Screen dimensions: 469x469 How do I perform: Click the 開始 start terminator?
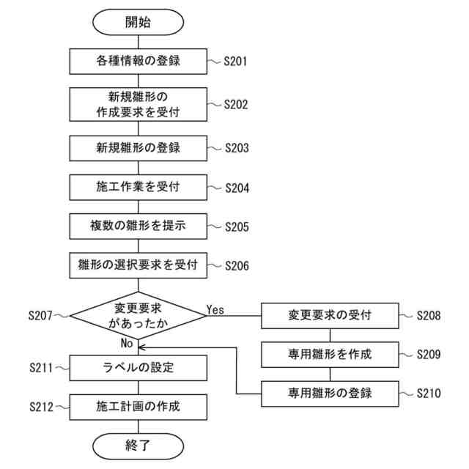coord(138,22)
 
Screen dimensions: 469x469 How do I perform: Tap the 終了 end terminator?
coord(138,444)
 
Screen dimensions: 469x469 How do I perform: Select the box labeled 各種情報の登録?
coord(138,62)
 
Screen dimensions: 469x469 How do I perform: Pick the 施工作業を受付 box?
coord(138,187)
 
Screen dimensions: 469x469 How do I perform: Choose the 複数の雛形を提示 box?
coord(138,226)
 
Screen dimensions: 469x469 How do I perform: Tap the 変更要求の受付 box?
coord(330,316)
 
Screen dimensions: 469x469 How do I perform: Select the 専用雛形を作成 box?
coord(330,355)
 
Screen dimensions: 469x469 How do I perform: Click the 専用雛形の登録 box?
coord(330,394)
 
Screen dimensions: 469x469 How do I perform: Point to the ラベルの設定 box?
coord(138,367)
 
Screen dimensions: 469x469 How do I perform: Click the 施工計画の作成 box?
coord(138,405)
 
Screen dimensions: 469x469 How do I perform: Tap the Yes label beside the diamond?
coord(215,309)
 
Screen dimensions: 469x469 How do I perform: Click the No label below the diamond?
coord(126,343)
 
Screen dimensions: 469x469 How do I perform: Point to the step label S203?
coord(237,148)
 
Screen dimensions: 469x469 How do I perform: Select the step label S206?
coord(237,265)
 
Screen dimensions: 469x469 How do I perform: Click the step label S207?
coord(41,316)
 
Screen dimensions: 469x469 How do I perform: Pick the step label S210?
coord(429,394)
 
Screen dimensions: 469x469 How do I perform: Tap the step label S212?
coord(41,405)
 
